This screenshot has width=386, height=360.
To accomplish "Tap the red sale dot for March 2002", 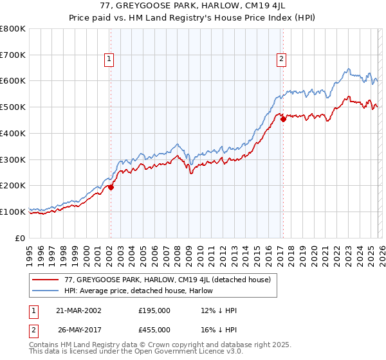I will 111,187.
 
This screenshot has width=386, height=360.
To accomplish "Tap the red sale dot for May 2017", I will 283,119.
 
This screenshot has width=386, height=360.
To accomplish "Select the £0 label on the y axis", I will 21,238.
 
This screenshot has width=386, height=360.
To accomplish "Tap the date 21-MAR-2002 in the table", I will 78,310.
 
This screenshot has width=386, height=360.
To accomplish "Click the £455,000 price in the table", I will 154,329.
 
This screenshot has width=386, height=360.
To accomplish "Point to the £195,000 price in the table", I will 154,310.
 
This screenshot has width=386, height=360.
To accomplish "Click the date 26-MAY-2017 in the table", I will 78,329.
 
